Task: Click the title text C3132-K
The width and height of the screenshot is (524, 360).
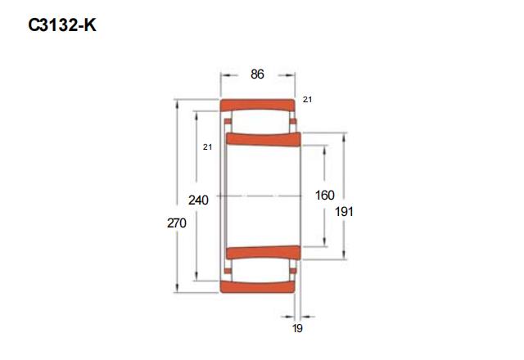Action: [x=62, y=25]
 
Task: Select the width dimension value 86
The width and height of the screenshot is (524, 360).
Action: [x=257, y=74]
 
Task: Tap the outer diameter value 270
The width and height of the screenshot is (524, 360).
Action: [x=177, y=223]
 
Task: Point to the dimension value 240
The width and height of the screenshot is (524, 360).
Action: [x=198, y=200]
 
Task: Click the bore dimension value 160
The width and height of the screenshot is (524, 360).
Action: [x=325, y=195]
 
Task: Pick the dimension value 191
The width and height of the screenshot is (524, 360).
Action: [x=344, y=211]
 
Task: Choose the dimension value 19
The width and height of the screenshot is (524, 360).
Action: [x=297, y=328]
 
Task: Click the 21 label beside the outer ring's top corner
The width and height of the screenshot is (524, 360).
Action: [x=308, y=99]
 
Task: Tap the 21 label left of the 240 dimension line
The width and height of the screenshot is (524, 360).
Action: [x=207, y=146]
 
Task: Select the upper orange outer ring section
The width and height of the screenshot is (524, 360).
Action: [x=257, y=106]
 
